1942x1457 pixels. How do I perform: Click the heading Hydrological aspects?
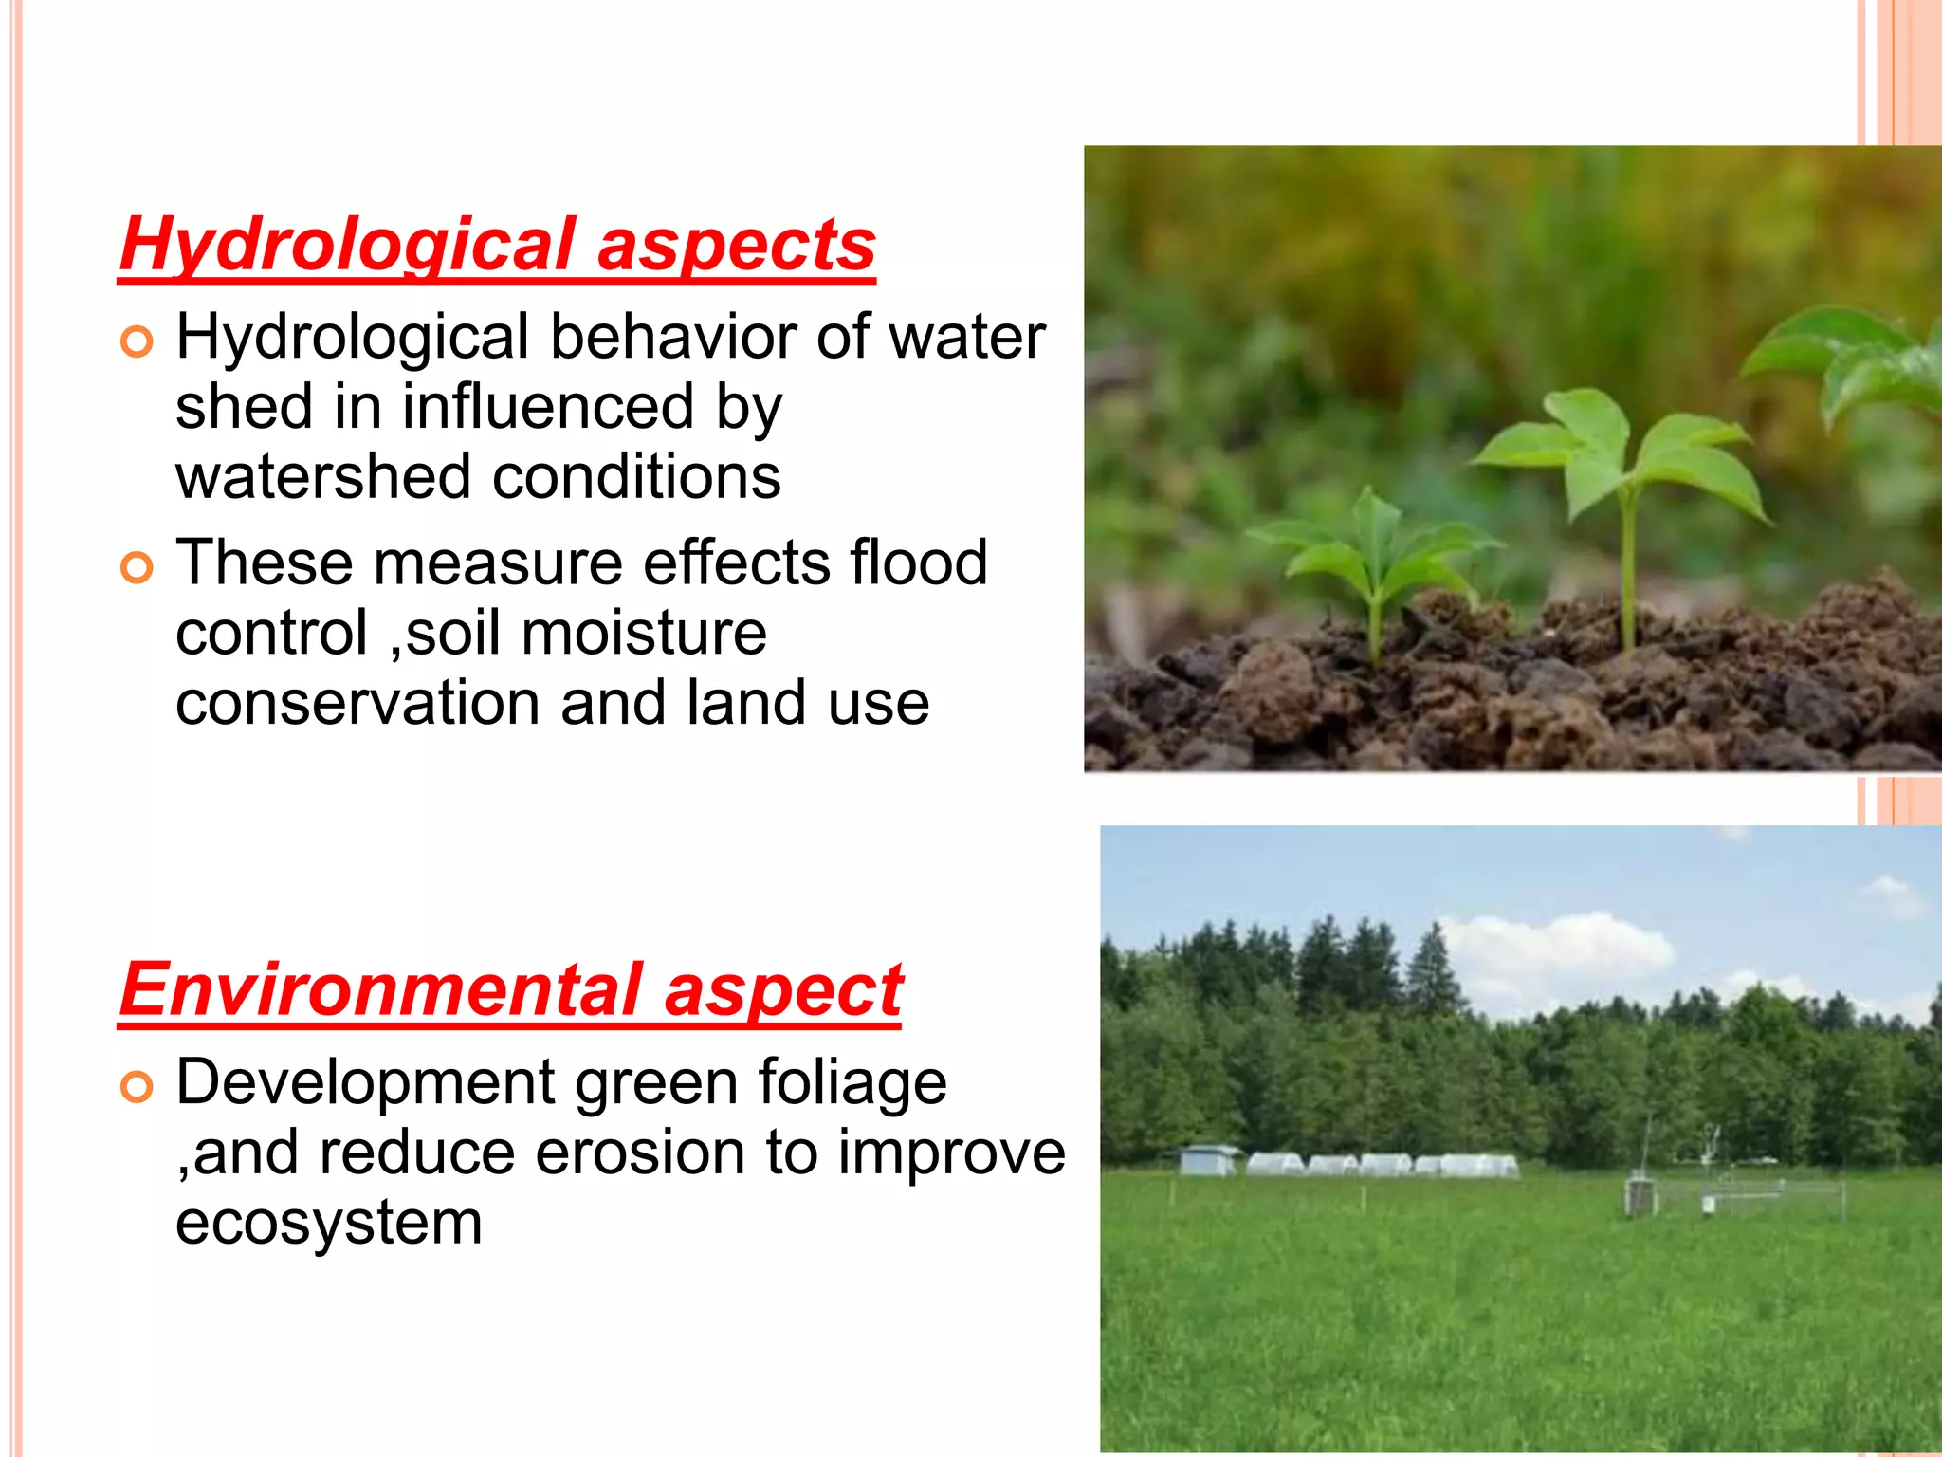tap(497, 245)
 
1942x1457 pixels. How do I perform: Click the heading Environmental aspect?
tap(510, 990)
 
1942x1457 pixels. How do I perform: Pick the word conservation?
tap(358, 703)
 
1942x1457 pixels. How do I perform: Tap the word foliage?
tap(852, 1082)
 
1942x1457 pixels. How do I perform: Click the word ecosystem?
tap(329, 1223)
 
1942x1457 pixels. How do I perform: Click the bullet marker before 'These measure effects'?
tap(137, 568)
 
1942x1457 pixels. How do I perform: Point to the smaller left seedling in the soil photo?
tap(1371, 560)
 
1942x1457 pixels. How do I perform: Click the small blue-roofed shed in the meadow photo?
tap(1208, 1158)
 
